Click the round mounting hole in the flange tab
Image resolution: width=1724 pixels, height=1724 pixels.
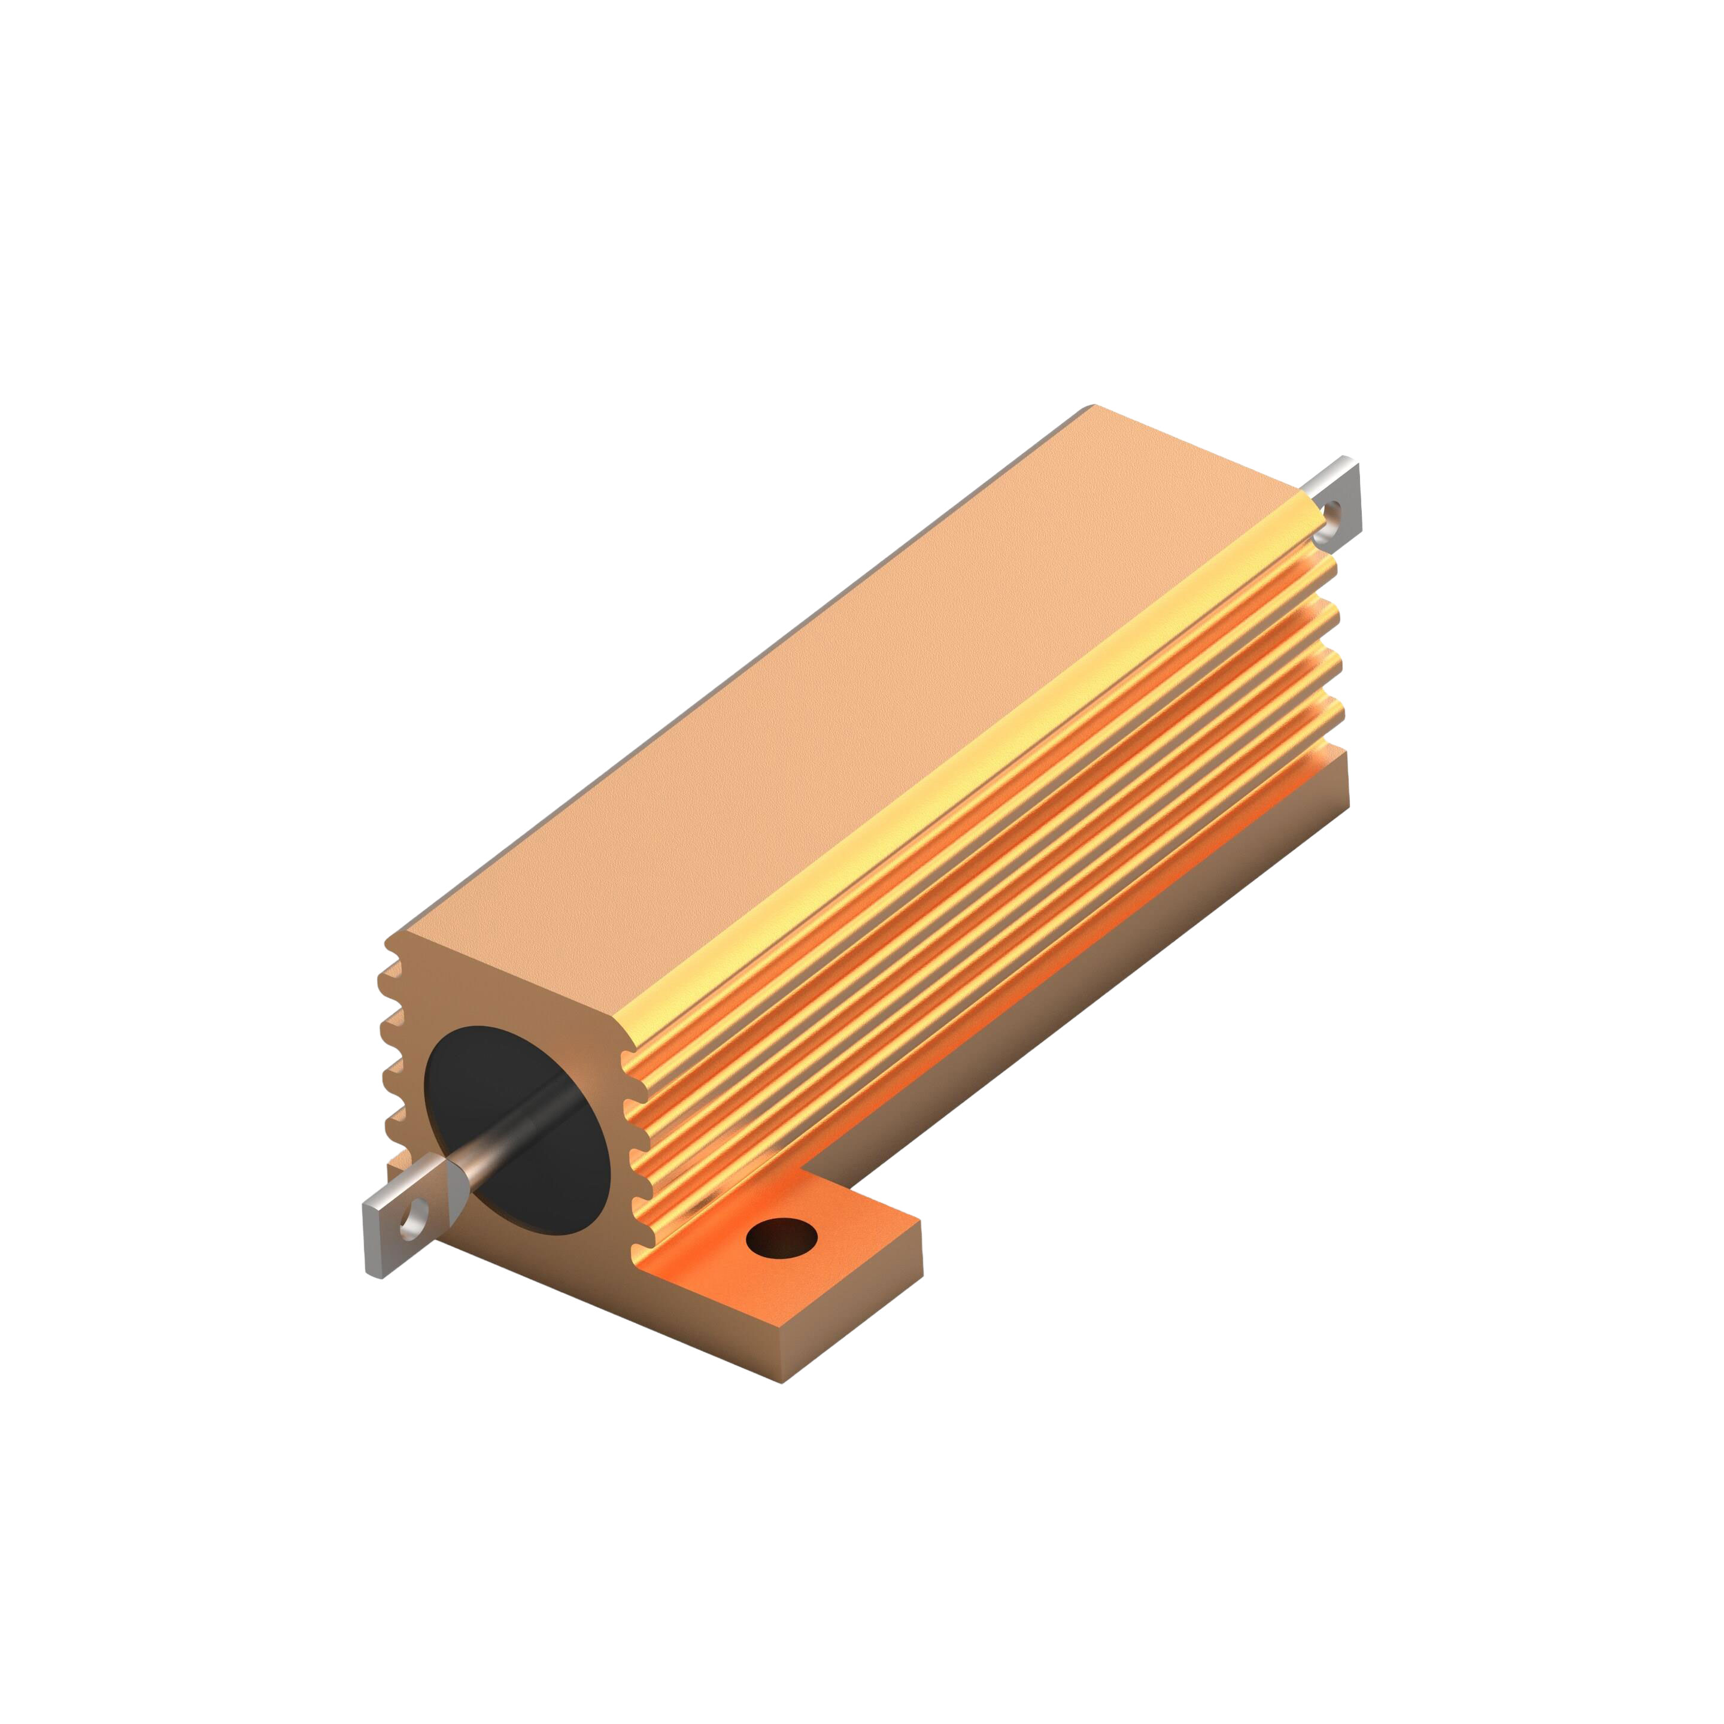781,1240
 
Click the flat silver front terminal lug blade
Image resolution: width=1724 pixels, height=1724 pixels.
393,1231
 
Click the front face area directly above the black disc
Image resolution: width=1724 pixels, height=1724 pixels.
518,991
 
